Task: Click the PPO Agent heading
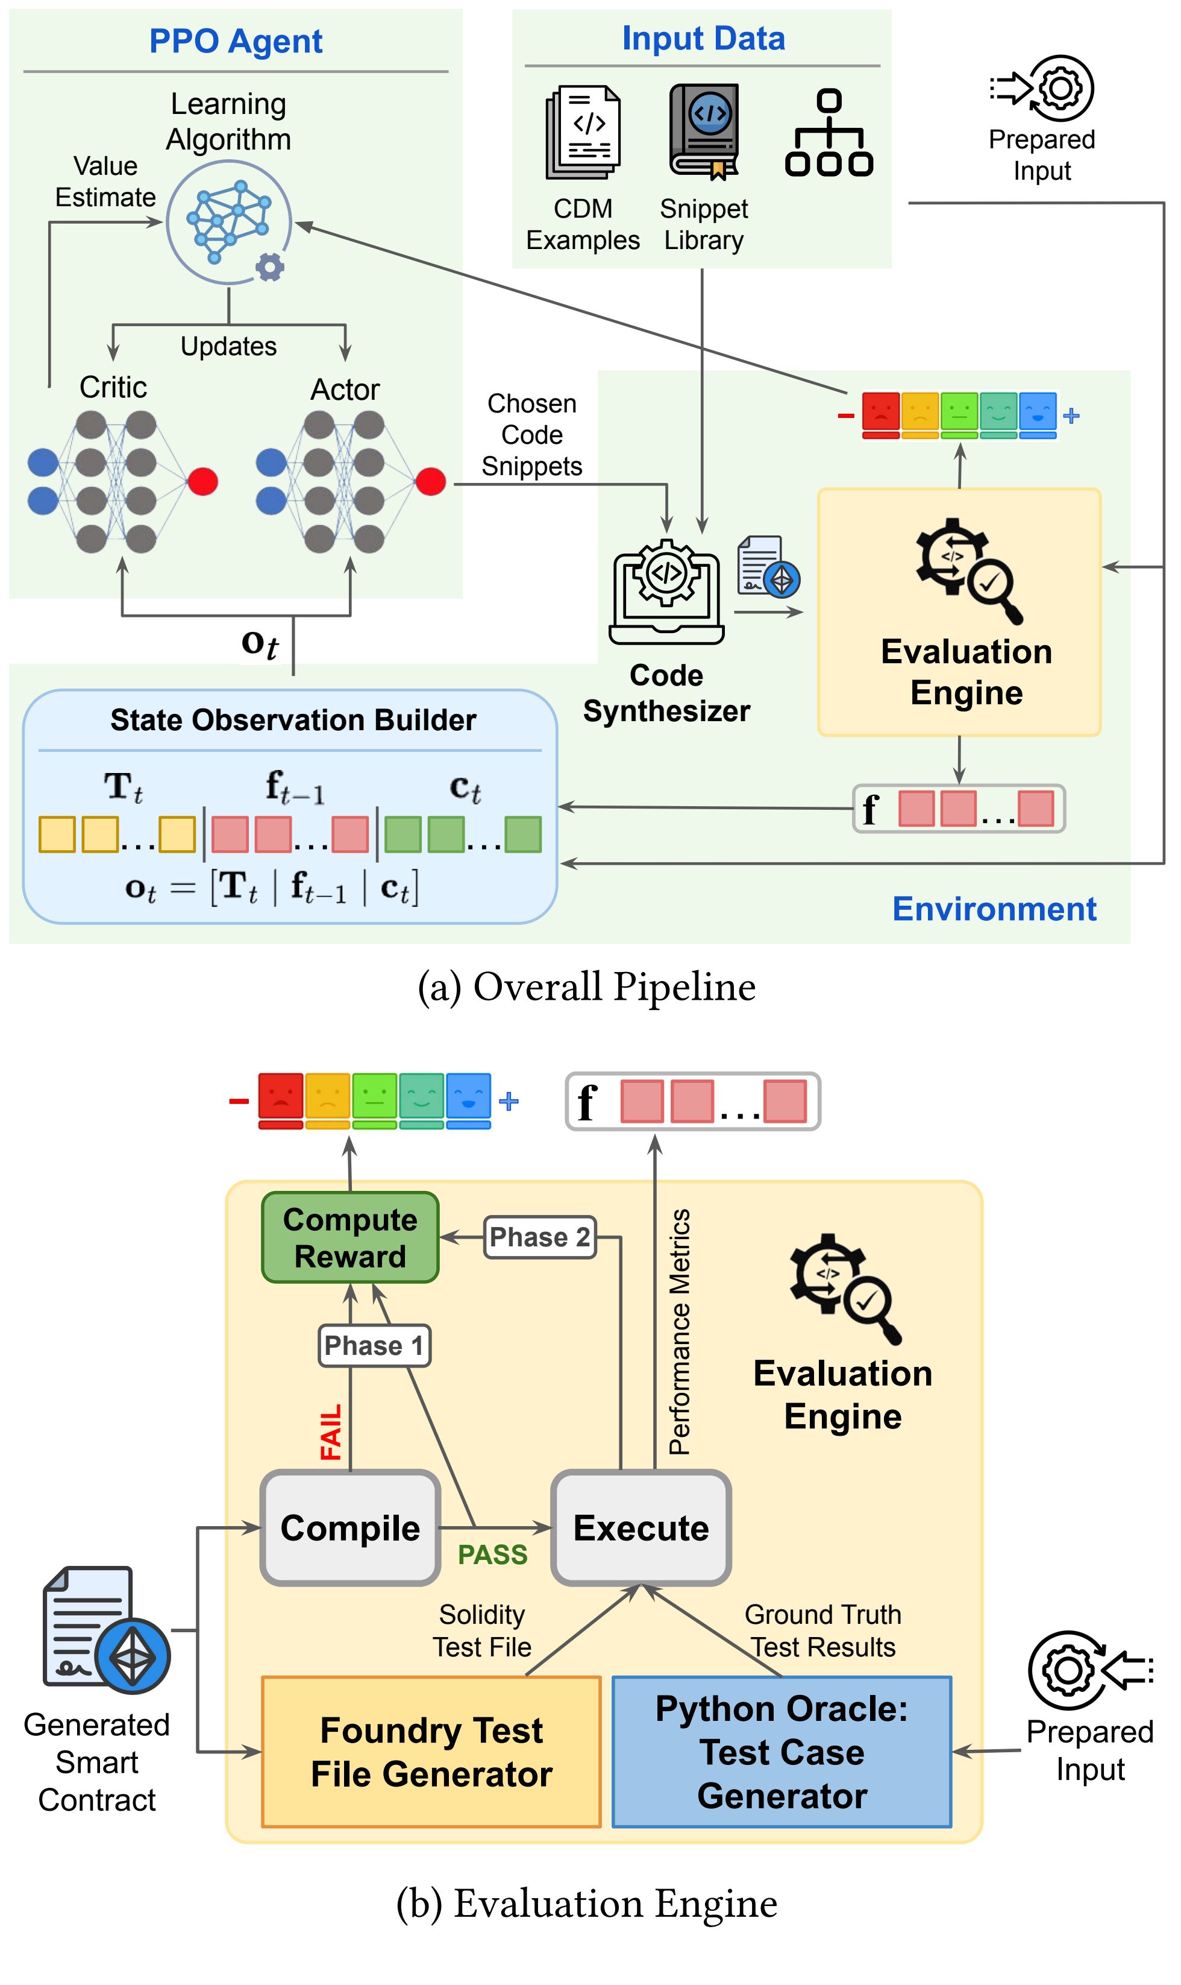[x=236, y=42]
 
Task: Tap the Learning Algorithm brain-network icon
[x=229, y=222]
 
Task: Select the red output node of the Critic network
[x=203, y=481]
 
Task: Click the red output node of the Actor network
[x=431, y=481]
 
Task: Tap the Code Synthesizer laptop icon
[x=667, y=591]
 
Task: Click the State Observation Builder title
[x=293, y=720]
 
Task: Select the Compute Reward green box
[x=350, y=1237]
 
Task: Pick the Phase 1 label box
[x=374, y=1346]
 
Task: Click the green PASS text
[x=493, y=1554]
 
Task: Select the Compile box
[x=350, y=1527]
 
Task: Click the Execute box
[x=642, y=1527]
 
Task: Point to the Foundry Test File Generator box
[x=431, y=1752]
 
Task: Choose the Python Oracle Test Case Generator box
[x=782, y=1752]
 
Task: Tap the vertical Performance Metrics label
[x=680, y=1331]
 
